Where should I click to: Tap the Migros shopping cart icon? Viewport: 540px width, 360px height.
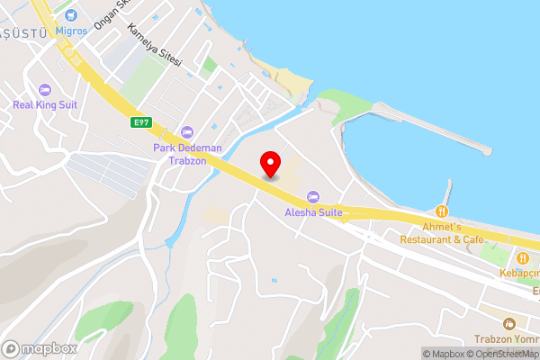72,13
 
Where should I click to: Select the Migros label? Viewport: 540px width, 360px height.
72,30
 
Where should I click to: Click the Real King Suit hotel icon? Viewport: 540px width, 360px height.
45,89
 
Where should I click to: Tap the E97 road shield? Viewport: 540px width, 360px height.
139,122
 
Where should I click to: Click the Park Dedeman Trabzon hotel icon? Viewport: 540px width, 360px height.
187,132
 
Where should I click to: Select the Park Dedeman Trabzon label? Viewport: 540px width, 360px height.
180,154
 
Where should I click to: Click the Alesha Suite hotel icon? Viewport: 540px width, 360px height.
313,197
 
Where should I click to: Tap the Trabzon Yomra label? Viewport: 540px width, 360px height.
507,339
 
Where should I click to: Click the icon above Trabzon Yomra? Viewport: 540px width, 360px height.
508,323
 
